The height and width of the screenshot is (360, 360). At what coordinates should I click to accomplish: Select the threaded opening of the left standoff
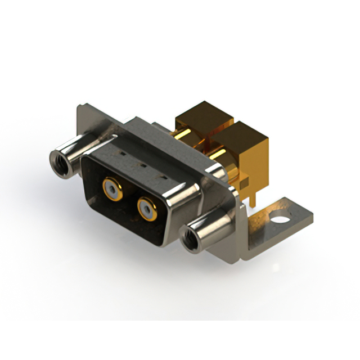click(x=59, y=161)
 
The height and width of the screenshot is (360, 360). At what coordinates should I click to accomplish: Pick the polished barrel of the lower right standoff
click(x=211, y=228)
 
